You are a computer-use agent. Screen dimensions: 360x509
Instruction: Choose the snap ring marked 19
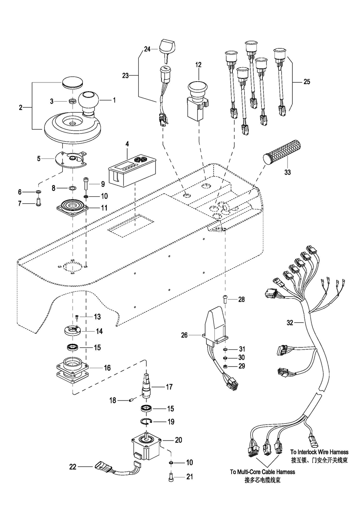click(148, 422)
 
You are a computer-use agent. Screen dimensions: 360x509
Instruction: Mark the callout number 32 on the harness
click(290, 323)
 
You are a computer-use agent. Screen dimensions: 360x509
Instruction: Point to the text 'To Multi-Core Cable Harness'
click(262, 472)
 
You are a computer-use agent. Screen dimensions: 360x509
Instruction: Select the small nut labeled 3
click(73, 100)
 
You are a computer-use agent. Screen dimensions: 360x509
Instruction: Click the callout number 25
click(307, 82)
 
